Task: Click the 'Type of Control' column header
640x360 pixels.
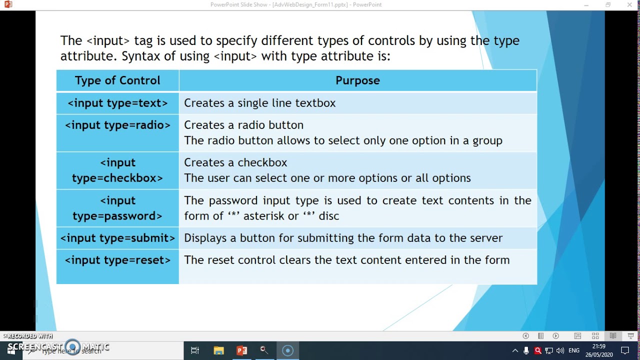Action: click(117, 80)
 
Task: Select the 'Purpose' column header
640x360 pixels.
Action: click(357, 80)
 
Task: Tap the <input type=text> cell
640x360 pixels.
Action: click(117, 103)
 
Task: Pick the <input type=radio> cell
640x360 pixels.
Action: click(117, 125)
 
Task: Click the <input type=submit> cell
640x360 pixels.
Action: click(117, 238)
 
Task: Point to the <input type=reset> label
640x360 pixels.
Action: click(117, 260)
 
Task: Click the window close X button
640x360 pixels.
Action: click(629, 5)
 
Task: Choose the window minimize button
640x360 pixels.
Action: click(586, 5)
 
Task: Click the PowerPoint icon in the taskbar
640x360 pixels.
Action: click(242, 350)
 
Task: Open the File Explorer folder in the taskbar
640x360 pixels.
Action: click(218, 350)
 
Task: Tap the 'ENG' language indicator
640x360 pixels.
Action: click(574, 351)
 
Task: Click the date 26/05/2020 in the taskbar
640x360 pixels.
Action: click(599, 354)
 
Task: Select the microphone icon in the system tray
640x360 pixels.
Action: click(526, 351)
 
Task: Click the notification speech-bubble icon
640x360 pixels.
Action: click(624, 350)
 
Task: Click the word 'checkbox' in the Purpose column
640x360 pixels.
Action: click(262, 162)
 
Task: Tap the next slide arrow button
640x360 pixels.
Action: click(555, 336)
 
